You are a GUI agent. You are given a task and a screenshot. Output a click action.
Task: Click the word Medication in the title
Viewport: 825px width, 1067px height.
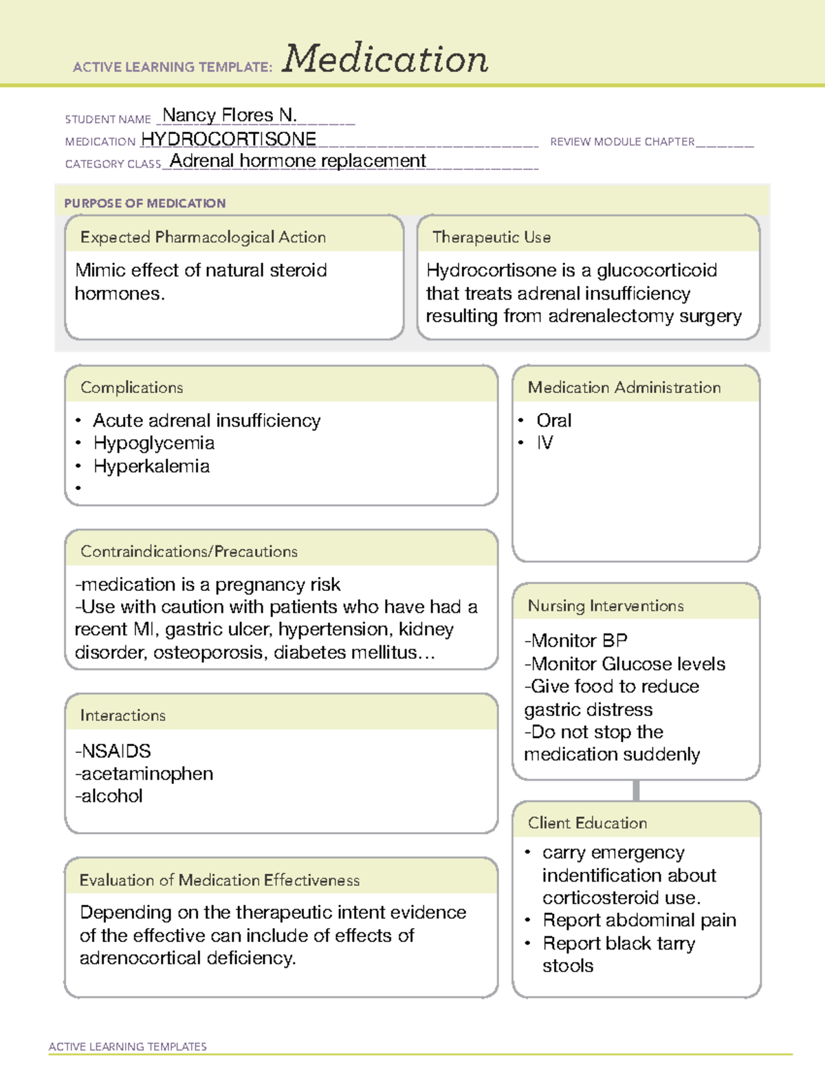point(385,59)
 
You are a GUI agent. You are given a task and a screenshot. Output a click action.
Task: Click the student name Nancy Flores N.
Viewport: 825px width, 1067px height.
point(230,115)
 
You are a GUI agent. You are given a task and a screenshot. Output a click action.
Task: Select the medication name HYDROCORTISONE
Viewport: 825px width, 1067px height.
point(228,139)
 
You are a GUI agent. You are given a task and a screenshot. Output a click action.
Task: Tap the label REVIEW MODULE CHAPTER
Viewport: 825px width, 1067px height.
point(622,142)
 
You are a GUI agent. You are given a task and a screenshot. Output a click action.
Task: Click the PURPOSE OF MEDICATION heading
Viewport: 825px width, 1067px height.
point(144,203)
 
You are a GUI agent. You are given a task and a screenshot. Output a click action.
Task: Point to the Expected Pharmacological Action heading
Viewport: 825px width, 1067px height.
point(203,237)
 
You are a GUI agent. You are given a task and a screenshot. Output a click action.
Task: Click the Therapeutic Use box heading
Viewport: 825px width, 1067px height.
point(491,237)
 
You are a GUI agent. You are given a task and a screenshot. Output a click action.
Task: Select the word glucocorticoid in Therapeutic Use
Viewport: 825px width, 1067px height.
point(657,270)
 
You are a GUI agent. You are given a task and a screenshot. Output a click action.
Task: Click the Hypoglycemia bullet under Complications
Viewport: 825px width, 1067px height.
point(154,443)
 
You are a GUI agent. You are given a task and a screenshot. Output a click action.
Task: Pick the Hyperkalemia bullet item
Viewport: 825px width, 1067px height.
point(151,467)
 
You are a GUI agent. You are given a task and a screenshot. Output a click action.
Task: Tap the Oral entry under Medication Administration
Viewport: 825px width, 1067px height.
point(553,420)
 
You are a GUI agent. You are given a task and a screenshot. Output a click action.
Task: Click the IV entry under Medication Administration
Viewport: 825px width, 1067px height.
point(544,443)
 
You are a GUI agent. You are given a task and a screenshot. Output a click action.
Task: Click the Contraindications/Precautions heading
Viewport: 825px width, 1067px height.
point(189,552)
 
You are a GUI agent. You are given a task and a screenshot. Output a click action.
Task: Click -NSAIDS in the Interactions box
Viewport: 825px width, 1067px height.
point(113,751)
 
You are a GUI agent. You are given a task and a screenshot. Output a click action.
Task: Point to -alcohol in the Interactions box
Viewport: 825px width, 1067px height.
point(109,796)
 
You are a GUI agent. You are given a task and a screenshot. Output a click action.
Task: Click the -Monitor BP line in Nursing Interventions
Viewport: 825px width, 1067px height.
point(576,641)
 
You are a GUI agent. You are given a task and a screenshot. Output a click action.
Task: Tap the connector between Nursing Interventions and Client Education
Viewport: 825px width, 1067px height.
point(636,790)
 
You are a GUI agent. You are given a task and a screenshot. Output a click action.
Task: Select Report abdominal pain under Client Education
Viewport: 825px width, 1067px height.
point(639,921)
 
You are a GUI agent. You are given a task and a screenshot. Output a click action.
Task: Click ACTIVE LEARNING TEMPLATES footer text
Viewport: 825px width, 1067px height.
point(128,1046)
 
